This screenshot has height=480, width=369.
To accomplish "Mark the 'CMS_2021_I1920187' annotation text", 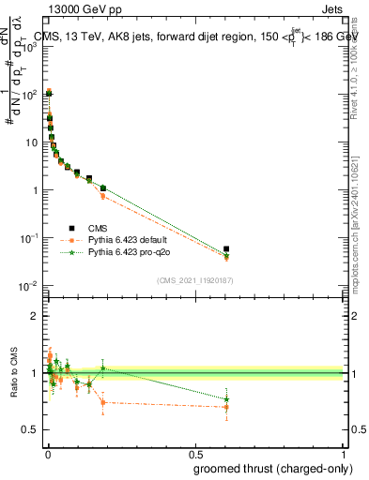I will pos(193,280).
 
